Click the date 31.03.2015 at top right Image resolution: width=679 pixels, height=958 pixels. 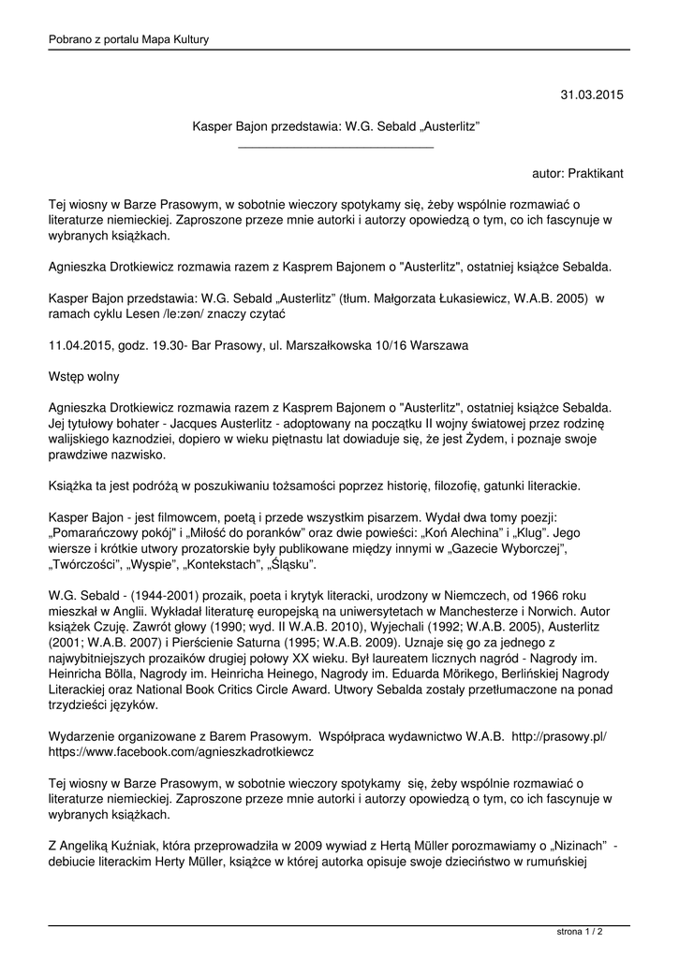tap(592, 95)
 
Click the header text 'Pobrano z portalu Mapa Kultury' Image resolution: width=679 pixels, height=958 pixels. tap(128, 39)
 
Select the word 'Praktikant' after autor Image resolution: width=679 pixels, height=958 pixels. tap(595, 174)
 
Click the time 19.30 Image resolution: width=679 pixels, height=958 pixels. tap(170, 345)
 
